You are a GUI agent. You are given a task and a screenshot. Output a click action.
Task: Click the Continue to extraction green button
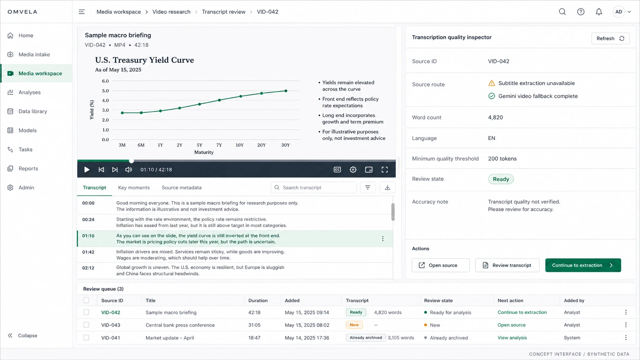(583, 265)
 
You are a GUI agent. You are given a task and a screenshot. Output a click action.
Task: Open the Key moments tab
(134, 187)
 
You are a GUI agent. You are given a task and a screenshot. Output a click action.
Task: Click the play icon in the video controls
(87, 169)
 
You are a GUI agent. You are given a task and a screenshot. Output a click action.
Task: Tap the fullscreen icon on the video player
(385, 169)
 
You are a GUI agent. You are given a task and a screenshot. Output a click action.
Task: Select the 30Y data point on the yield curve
(286, 91)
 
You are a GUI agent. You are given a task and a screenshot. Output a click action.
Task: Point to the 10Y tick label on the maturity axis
(240, 145)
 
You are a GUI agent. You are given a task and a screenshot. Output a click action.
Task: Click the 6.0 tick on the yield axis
(105, 81)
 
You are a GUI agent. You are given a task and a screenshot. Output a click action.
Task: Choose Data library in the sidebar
(33, 111)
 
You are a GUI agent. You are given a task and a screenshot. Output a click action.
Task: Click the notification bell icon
(599, 12)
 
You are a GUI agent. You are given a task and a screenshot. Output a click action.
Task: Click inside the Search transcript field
(314, 187)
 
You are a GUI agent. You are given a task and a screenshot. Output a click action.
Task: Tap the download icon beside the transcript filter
(387, 187)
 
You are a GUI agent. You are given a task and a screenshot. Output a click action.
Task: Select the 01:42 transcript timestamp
(88, 252)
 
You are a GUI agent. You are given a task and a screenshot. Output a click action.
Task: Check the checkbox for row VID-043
(86, 325)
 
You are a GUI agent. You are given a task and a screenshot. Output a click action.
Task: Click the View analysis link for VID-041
(512, 338)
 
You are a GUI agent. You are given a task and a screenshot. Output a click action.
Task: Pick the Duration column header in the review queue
(258, 301)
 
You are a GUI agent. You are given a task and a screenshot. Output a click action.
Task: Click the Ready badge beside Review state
(501, 179)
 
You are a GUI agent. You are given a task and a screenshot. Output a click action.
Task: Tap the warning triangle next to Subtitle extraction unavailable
(491, 83)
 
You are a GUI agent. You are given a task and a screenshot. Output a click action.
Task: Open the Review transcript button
(507, 265)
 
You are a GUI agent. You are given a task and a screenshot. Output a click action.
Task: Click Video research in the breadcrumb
(171, 12)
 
